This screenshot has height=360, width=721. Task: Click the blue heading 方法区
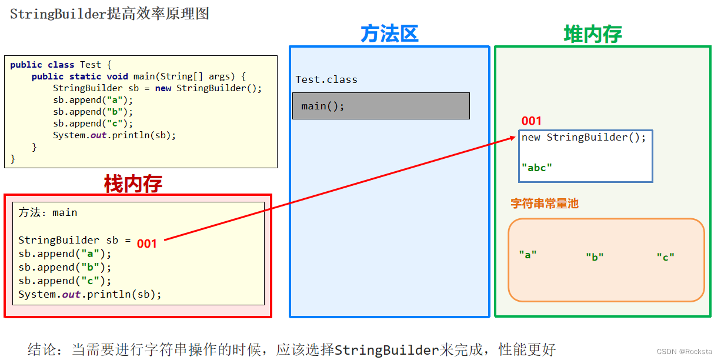coord(389,34)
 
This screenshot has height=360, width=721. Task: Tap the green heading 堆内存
coord(593,34)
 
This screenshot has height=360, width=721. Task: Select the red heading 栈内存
coord(133,184)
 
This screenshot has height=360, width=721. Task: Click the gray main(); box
coord(381,106)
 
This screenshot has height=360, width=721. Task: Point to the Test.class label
coord(326,79)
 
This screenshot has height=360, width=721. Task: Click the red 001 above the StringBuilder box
coord(531,121)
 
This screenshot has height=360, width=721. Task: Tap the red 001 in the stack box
coord(147,244)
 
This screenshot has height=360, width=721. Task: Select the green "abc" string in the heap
coord(537,168)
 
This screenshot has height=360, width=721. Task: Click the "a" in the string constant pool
coord(528,255)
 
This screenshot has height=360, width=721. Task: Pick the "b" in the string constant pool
coord(595,256)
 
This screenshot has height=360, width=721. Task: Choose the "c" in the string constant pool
coord(666,256)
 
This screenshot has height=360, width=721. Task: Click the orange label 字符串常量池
coord(545,204)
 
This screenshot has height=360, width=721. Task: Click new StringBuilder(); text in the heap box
coord(583,137)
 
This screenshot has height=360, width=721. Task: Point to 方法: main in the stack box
coord(48,212)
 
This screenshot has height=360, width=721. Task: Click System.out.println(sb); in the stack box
coord(89,294)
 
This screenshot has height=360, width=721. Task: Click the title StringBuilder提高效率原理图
coord(109,14)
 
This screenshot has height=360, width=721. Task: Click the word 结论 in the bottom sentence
coord(42,349)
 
